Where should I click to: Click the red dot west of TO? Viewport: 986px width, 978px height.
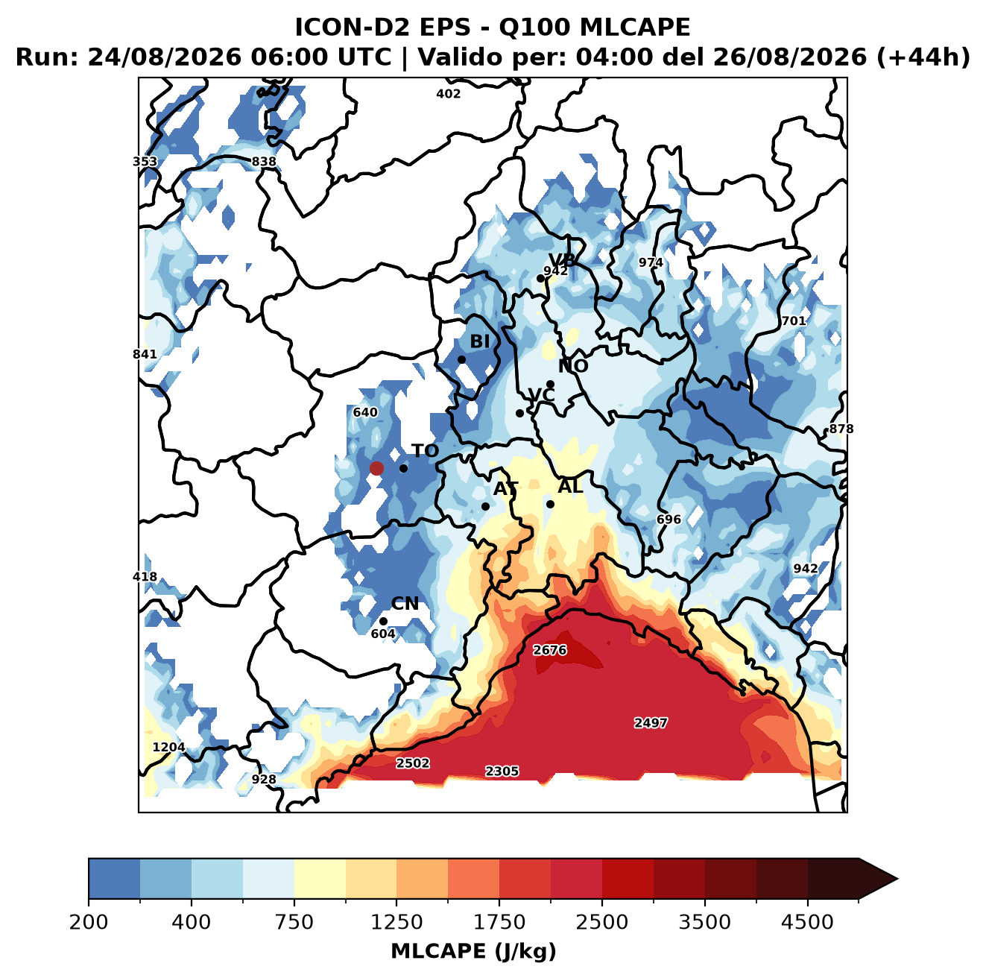(376, 468)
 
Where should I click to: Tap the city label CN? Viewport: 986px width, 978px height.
(404, 604)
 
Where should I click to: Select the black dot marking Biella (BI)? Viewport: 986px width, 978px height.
(461, 359)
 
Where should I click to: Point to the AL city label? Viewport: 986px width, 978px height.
(570, 486)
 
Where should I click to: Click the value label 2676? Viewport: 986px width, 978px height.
(549, 650)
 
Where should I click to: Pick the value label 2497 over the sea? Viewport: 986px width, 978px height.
(651, 722)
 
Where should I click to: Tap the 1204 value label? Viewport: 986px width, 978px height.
(168, 747)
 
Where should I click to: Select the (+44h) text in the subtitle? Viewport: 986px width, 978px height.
(923, 57)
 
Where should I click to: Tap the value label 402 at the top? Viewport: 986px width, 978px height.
(448, 94)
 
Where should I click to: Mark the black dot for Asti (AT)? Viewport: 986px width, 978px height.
(485, 506)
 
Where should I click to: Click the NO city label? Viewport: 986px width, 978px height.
(572, 366)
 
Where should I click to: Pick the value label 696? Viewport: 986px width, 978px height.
(669, 520)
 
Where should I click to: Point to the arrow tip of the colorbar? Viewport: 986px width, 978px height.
(897, 879)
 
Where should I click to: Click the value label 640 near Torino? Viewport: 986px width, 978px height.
(365, 412)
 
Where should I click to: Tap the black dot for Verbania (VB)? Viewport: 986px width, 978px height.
(540, 278)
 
